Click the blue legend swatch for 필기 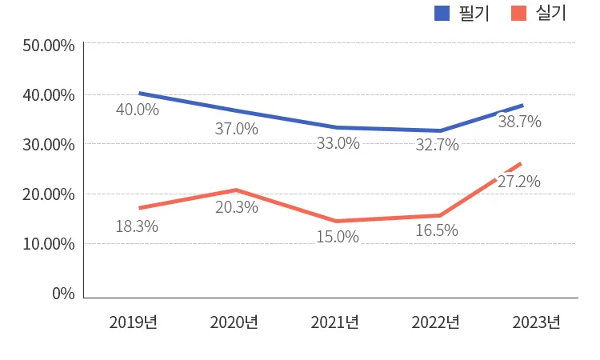pos(442,13)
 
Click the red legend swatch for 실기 pos(519,13)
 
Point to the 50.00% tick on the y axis pos(49,46)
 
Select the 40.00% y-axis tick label pos(49,95)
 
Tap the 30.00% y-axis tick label pos(49,145)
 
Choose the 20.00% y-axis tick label pos(49,194)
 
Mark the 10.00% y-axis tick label pos(49,244)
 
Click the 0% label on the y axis pos(63,294)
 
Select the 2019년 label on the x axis pos(134,322)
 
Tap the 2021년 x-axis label pos(335,322)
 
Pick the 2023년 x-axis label pos(537,322)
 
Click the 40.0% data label pos(138,110)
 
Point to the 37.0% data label pos(237,129)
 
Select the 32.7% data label pos(438,145)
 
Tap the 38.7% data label pos(520,122)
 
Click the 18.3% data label pos(137,226)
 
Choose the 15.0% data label pos(338,237)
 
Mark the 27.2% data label pos(519,182)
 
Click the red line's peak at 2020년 pos(236,190)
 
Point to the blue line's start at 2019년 pos(140,94)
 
